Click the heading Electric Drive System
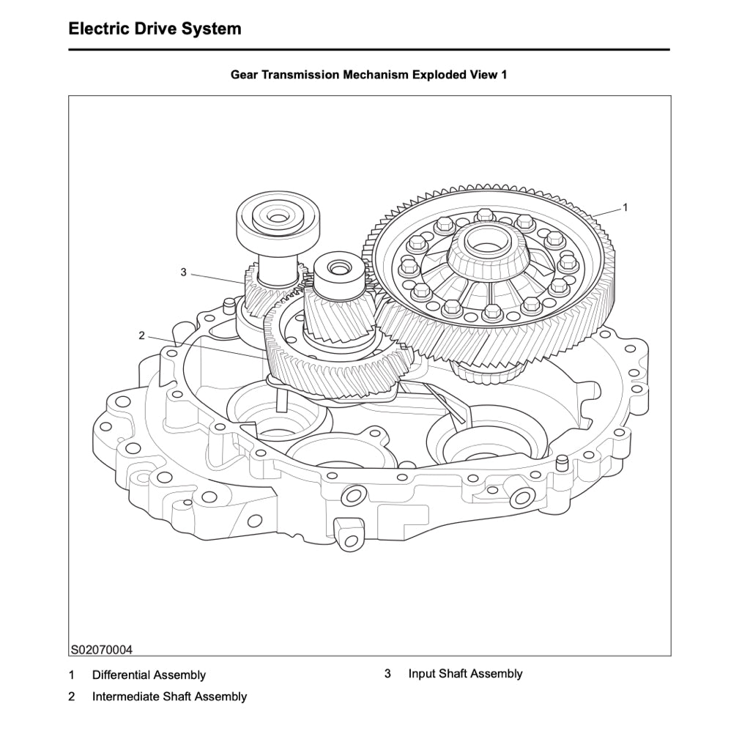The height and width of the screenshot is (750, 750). (x=155, y=29)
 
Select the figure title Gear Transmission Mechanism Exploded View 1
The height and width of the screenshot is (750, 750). (x=368, y=75)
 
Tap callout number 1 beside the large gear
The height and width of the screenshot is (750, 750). (x=625, y=207)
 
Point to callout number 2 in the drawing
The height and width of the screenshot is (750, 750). (x=141, y=335)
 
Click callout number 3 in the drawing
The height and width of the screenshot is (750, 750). (x=183, y=272)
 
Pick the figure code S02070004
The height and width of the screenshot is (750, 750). (x=102, y=650)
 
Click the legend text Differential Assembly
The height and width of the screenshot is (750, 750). (x=149, y=675)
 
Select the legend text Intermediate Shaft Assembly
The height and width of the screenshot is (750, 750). (x=169, y=697)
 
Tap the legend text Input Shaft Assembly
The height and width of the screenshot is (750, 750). (x=465, y=673)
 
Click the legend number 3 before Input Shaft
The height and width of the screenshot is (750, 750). (x=387, y=673)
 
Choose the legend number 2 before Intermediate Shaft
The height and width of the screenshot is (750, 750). (x=72, y=697)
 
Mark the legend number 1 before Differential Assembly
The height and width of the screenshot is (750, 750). (x=72, y=675)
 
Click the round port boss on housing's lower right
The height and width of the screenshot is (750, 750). (x=523, y=498)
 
